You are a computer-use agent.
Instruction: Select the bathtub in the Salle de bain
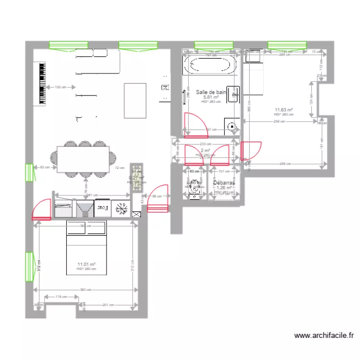211,65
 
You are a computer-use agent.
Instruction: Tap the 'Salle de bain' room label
211,92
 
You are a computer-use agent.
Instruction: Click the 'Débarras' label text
224,183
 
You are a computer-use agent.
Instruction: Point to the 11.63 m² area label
284,110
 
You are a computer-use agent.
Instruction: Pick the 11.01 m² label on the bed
86,264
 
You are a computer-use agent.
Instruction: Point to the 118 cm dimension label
61,297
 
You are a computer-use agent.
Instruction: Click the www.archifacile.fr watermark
324,336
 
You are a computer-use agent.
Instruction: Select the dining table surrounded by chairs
83,159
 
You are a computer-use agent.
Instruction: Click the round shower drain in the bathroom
232,127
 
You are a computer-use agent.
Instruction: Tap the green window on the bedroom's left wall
29,266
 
